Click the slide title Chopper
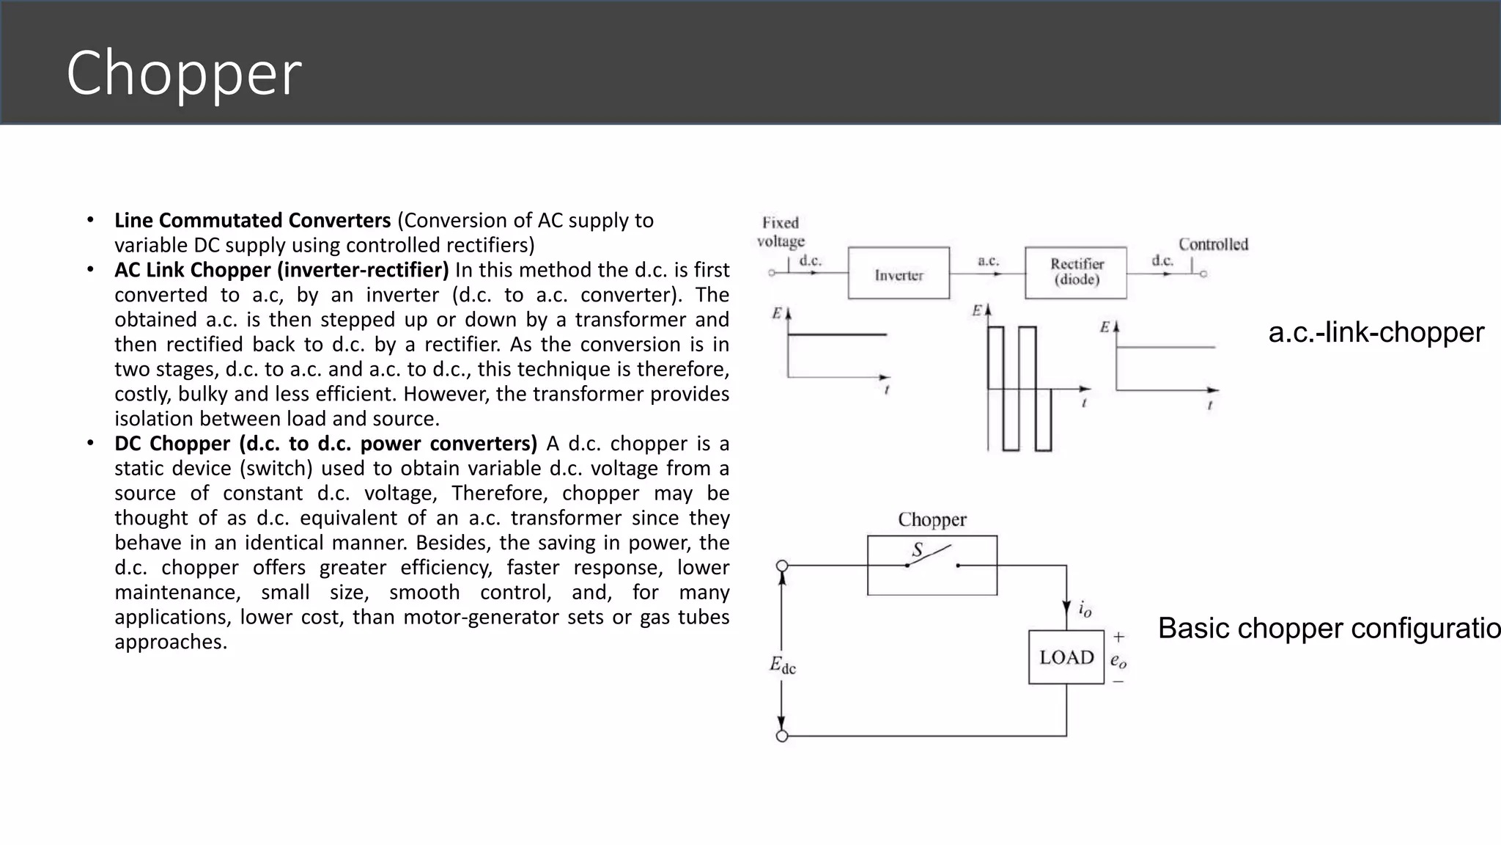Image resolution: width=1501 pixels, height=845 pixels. [183, 73]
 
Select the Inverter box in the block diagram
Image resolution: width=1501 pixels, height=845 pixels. [899, 274]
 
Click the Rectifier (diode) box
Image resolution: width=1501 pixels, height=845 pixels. [1076, 273]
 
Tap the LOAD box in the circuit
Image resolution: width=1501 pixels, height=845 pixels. [1066, 657]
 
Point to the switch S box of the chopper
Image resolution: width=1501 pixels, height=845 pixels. [932, 565]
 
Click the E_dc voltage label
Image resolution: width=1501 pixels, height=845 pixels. [782, 665]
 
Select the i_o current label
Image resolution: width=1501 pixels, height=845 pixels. [1085, 609]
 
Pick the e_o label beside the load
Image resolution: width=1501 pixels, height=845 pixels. [1118, 661]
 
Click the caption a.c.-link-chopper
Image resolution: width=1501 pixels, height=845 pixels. [1376, 332]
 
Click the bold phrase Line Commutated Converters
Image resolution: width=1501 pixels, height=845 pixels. [253, 220]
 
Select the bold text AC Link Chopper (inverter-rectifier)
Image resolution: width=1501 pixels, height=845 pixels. [281, 270]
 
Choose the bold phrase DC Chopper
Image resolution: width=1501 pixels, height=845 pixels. [172, 444]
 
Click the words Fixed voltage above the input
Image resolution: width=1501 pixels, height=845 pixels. [781, 232]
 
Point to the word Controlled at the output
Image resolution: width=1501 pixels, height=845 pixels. [1213, 244]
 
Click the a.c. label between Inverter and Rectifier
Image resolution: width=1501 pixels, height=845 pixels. [988, 260]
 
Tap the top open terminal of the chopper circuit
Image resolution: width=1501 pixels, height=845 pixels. [782, 566]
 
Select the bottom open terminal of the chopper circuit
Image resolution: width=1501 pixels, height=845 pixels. [782, 736]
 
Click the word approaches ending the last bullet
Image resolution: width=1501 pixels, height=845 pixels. [171, 642]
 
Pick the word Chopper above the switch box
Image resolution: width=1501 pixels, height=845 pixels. [932, 519]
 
